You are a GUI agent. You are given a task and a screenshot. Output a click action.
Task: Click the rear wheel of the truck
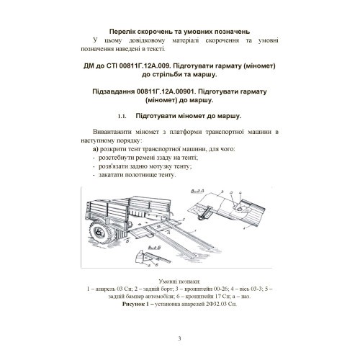point(99,233)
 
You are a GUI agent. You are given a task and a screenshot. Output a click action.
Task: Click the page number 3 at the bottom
point(179,338)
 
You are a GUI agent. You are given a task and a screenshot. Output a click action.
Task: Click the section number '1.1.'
point(122,117)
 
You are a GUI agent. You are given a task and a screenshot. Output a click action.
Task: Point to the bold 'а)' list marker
point(96,149)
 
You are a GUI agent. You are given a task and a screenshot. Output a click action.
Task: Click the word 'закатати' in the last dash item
point(109,175)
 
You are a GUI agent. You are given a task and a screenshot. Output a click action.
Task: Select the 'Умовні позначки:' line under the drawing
point(179,282)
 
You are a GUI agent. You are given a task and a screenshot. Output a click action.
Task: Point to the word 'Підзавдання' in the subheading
point(114,91)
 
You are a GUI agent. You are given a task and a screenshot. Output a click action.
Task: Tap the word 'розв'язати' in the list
point(111,166)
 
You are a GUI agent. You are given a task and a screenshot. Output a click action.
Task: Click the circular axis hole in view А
point(239,209)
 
